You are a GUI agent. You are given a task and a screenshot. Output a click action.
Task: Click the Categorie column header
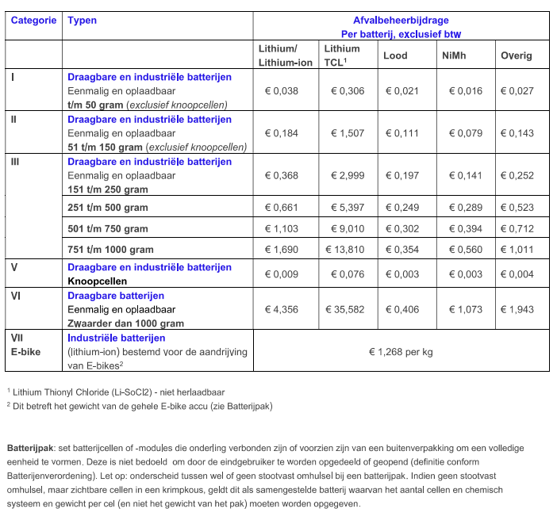(33, 20)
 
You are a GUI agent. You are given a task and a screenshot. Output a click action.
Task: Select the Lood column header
(396, 55)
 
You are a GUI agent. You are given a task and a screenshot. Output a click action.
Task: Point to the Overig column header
(516, 55)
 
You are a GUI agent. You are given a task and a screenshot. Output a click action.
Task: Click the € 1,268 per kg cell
(401, 352)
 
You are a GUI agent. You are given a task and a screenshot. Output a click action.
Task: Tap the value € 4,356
(281, 309)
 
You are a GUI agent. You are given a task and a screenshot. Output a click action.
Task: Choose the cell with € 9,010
(347, 228)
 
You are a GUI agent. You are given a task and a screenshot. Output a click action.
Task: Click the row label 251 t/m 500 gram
(108, 208)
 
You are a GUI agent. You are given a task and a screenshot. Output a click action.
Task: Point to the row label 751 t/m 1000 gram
(110, 250)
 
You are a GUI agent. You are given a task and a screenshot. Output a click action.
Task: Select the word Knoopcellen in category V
(98, 281)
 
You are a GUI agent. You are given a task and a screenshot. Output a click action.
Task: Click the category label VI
(16, 295)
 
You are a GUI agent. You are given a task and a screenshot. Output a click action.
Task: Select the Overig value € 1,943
(516, 309)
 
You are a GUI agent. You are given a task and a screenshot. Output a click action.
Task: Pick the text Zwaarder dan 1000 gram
(125, 323)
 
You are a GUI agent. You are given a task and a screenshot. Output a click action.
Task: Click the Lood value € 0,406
(401, 309)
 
